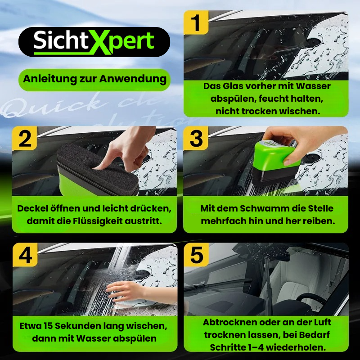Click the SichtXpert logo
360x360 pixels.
pyautogui.click(x=94, y=41)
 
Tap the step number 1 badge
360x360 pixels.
pyautogui.click(x=196, y=22)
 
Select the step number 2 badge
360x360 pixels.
pyautogui.click(x=25, y=139)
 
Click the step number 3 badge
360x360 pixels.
pyautogui.click(x=196, y=139)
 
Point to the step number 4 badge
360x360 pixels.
pyautogui.click(x=25, y=255)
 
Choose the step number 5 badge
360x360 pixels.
pyautogui.click(x=196, y=255)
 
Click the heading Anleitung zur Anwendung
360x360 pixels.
pyautogui.click(x=94, y=79)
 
